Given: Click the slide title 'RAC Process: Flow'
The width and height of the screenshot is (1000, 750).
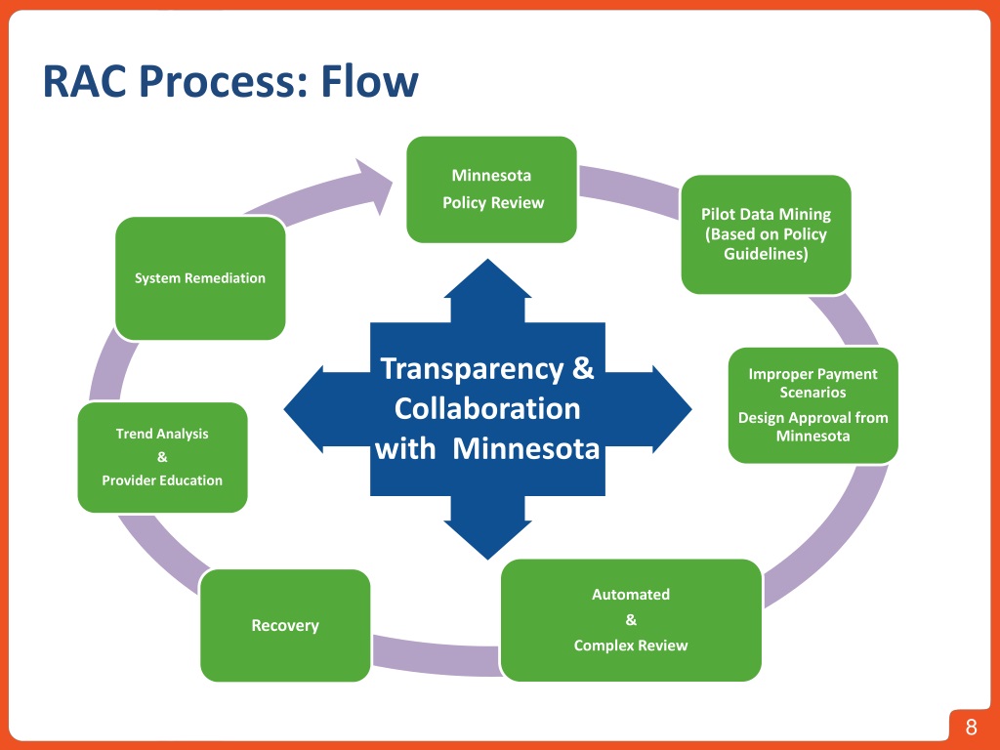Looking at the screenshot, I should (230, 81).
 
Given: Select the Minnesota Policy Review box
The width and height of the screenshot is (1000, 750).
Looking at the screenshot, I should (491, 189).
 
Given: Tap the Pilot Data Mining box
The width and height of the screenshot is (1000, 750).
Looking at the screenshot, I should (766, 234).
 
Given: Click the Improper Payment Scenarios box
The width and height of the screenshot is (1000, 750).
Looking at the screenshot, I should (812, 404).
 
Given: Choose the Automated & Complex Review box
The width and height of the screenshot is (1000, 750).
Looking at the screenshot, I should (631, 619).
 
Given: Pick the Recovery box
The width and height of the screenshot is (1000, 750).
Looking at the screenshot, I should (285, 625).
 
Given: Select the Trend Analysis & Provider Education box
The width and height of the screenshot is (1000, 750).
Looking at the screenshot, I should (162, 457).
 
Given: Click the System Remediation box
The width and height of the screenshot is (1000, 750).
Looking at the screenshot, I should (200, 278).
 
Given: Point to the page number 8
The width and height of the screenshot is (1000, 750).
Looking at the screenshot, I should (971, 728).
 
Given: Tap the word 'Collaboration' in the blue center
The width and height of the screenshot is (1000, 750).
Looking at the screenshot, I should (487, 408).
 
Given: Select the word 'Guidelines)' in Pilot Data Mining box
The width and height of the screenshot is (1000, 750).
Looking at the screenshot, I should (766, 254).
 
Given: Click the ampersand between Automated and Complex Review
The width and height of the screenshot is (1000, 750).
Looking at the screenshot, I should (631, 620).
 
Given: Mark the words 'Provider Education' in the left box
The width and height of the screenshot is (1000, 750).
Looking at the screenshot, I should (162, 480).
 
